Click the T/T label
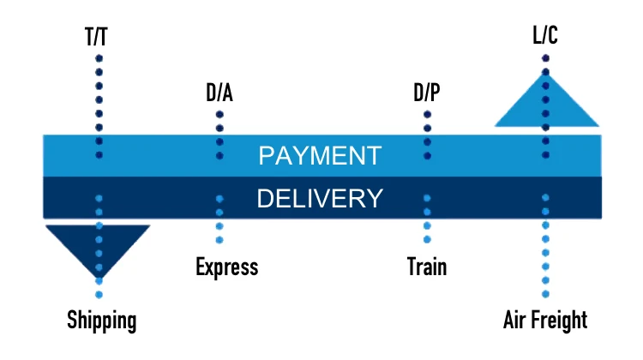[99, 38]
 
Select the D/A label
[219, 93]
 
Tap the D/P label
[427, 93]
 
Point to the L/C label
[546, 38]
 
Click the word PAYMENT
[320, 156]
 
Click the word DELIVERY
[320, 199]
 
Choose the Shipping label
[102, 321]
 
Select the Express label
[226, 267]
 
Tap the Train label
[427, 267]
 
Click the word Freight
[560, 321]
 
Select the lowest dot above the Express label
[219, 240]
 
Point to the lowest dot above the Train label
[427, 240]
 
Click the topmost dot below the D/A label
[219, 113]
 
